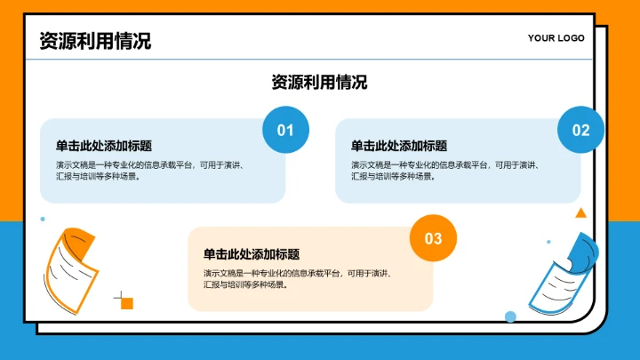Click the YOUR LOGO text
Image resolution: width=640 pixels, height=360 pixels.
[556, 38]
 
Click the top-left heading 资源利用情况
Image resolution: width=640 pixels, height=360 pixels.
[95, 41]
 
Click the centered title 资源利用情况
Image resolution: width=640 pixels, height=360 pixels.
[319, 83]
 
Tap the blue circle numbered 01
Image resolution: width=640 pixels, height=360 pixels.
[285, 131]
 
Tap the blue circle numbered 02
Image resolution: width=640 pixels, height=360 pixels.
[580, 131]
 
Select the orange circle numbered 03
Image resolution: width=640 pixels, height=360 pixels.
[433, 238]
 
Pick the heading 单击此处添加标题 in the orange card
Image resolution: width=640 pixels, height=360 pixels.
[251, 254]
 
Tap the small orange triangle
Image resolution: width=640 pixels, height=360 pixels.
[580, 213]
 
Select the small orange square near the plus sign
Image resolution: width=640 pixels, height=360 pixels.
[127, 303]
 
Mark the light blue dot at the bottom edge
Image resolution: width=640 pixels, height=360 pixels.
[510, 316]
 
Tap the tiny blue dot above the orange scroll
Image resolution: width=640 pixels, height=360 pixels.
[42, 219]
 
